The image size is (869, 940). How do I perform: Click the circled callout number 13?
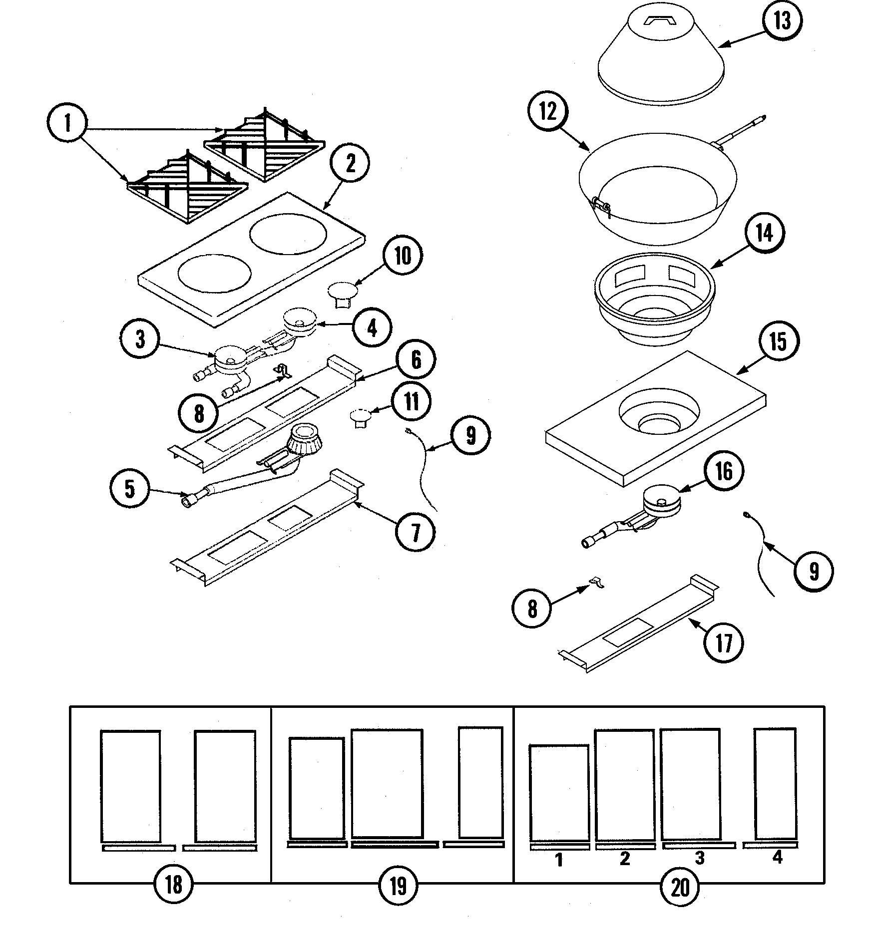tap(782, 21)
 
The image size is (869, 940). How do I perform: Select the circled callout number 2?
tap(350, 163)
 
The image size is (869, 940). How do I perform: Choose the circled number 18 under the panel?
tap(173, 885)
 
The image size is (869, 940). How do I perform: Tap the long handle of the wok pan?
tap(741, 131)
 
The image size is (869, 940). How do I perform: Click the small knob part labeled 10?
tap(342, 293)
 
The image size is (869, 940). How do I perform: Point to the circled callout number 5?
tap(130, 489)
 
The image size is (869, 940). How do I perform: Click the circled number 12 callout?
tap(548, 111)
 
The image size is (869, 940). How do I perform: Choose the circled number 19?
tap(398, 885)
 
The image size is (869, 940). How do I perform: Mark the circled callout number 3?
tap(140, 339)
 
